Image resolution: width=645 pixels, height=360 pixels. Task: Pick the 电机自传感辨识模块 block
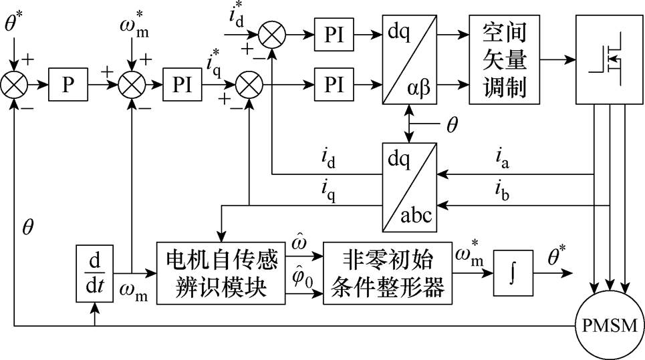[221, 273]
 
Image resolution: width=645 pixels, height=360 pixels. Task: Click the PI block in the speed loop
[182, 85]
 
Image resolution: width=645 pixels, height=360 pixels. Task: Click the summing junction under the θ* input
[14, 85]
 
